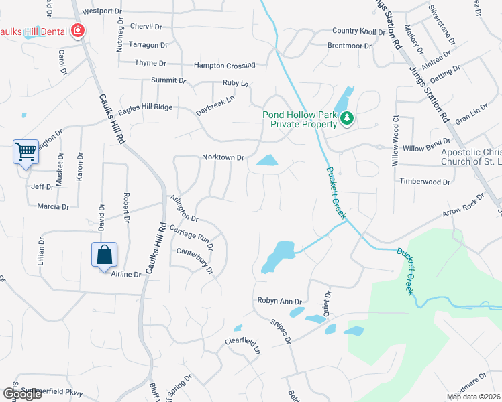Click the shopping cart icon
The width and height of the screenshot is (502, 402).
(x=26, y=152)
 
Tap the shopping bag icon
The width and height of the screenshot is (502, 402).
(x=104, y=255)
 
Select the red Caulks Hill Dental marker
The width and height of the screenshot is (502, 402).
(x=78, y=31)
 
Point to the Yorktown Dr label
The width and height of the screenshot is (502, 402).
(x=224, y=158)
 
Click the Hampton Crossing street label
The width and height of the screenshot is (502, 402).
(x=224, y=66)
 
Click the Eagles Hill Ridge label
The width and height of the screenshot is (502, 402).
(x=145, y=107)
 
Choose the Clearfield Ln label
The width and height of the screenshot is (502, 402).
(x=242, y=344)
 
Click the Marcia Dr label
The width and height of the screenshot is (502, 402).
(x=53, y=206)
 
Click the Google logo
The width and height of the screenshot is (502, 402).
(x=22, y=394)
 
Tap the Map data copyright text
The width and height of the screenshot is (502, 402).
(x=473, y=397)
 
